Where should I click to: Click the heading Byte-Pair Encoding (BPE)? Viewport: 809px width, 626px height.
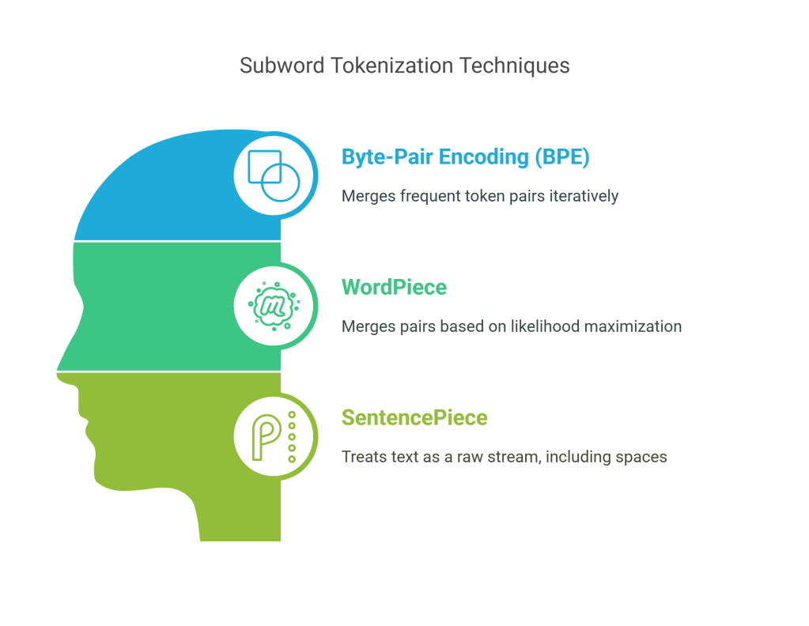click(466, 156)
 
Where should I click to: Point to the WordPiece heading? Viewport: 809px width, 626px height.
click(394, 287)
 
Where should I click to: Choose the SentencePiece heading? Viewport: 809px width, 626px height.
click(414, 417)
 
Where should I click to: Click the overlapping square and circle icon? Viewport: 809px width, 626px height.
click(274, 174)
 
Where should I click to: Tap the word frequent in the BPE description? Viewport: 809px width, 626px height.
click(423, 195)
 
